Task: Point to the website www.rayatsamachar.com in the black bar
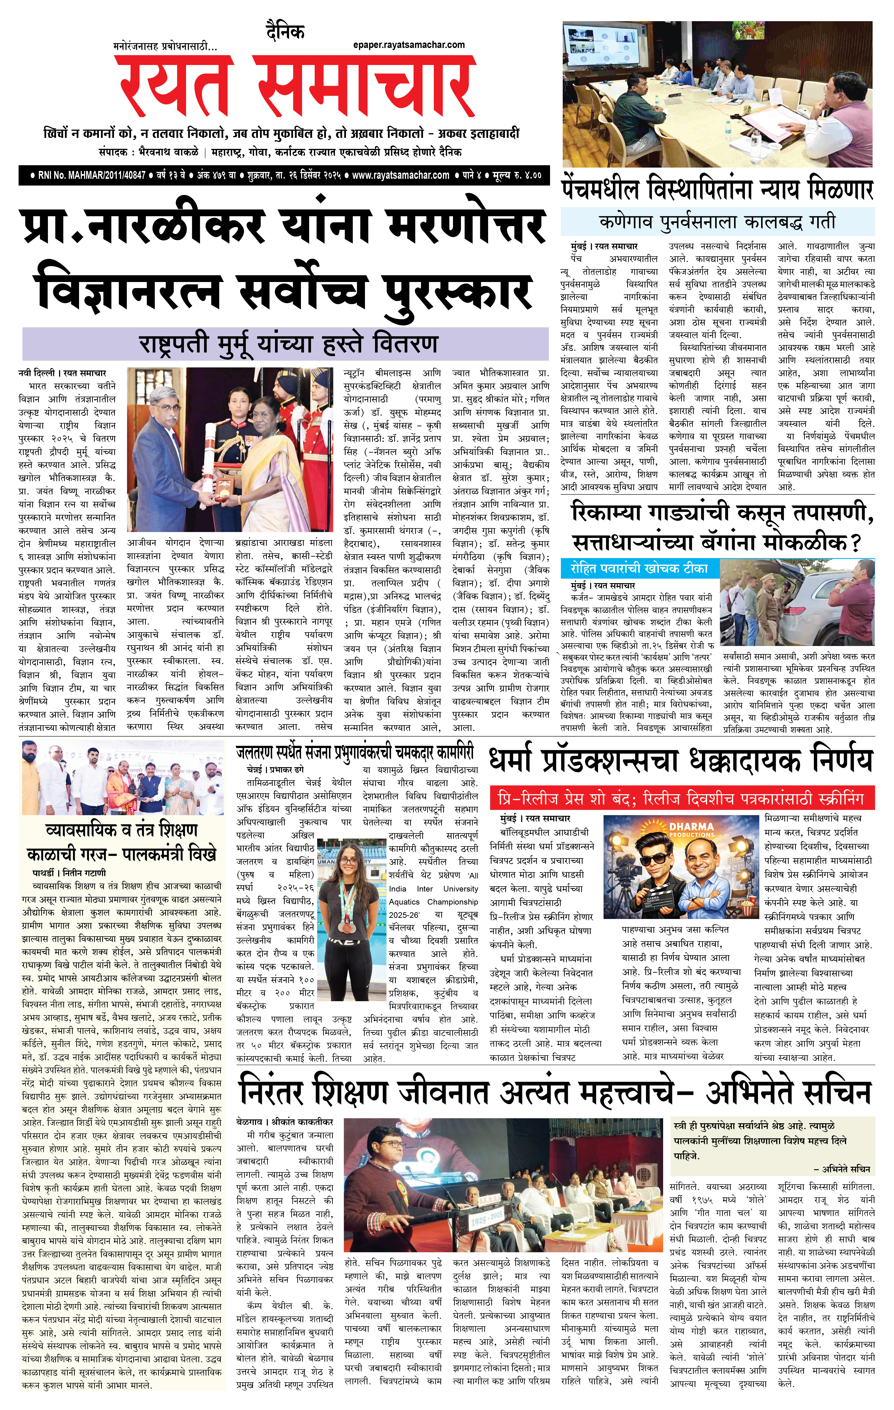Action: pos(400,175)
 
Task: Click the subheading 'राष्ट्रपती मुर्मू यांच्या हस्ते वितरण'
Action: pos(288,344)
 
